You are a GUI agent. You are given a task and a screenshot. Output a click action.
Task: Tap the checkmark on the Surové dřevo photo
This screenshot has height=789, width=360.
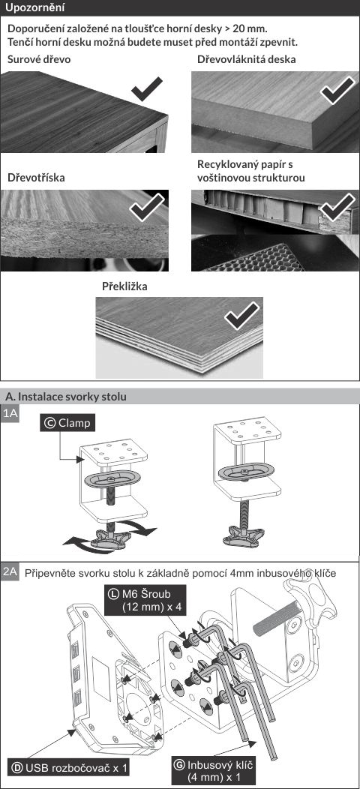tap(146, 89)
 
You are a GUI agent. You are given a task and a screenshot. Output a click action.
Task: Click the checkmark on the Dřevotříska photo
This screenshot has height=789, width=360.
tap(147, 206)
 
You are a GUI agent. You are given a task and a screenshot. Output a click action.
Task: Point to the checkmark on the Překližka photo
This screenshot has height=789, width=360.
tap(243, 315)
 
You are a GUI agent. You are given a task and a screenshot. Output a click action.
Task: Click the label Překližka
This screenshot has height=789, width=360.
tap(124, 286)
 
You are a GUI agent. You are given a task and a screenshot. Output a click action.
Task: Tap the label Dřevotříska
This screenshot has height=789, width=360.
tap(36, 178)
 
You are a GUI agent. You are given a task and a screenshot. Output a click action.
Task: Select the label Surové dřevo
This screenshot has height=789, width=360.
tap(39, 59)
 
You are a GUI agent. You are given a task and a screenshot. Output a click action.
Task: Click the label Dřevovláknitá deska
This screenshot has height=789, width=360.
tap(246, 59)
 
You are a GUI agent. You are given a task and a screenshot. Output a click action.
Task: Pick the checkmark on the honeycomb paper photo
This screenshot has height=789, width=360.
tap(337, 206)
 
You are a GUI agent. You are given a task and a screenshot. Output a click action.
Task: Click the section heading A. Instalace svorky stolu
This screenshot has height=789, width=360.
tap(65, 397)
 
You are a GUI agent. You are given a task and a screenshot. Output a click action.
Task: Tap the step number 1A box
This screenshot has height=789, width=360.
tap(10, 414)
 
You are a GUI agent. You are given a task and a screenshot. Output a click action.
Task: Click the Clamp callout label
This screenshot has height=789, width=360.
tap(67, 423)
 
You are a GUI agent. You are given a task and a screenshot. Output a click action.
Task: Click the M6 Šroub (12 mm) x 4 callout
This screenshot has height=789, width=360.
tap(145, 598)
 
